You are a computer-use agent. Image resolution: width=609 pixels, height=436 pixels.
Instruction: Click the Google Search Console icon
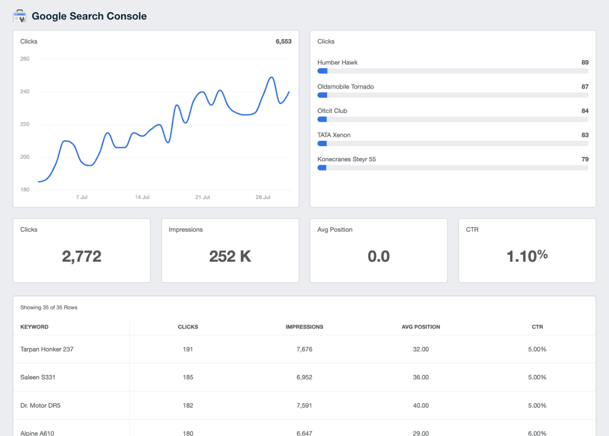point(19,16)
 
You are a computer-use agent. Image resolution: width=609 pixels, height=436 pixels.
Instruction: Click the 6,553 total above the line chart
point(283,42)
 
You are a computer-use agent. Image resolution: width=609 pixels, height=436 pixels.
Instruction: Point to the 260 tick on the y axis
point(25,59)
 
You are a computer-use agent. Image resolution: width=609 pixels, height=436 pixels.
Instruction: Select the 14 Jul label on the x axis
point(142,197)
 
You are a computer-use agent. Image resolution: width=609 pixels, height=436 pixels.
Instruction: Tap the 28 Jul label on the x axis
point(263,197)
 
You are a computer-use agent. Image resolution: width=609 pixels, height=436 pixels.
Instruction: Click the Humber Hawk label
point(337,63)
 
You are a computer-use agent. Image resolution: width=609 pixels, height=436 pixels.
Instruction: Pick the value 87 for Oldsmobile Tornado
point(585,87)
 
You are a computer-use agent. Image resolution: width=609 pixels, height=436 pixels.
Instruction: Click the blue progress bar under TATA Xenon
point(322,144)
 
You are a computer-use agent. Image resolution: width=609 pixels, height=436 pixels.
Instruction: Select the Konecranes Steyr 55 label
point(346,159)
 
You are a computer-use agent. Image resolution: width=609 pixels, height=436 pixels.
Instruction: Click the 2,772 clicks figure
point(81,256)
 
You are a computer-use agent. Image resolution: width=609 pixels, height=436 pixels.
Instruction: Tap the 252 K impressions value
point(230,256)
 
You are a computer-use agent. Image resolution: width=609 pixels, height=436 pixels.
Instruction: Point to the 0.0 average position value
point(379,256)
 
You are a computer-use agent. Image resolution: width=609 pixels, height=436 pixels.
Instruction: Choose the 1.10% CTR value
point(527,255)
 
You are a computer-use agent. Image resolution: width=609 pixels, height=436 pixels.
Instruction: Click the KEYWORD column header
point(34,327)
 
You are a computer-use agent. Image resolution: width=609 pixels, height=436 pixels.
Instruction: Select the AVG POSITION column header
point(421,327)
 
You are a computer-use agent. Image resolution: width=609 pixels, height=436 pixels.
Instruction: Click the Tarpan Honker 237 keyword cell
point(47,349)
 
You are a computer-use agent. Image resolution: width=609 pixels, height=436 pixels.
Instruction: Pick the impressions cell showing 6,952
point(304,377)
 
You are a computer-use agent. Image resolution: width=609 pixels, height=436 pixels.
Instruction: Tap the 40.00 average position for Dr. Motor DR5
point(421,406)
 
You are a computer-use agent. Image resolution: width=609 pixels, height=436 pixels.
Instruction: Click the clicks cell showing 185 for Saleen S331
point(188,377)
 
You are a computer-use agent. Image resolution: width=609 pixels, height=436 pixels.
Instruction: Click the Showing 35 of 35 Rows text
point(49,308)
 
